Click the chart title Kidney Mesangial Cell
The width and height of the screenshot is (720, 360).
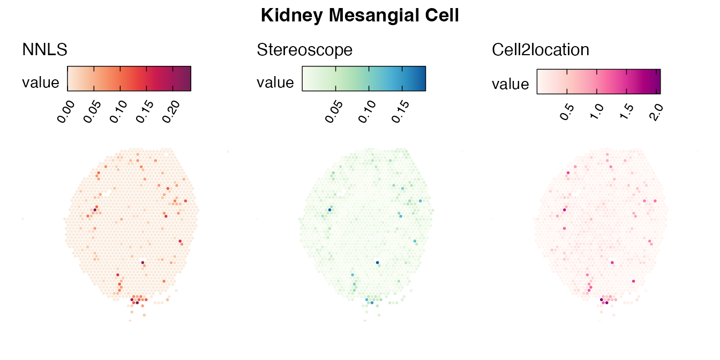(359, 16)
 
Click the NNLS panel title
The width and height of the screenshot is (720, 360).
(44, 50)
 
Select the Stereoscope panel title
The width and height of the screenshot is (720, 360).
(305, 50)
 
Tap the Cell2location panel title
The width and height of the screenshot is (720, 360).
(541, 50)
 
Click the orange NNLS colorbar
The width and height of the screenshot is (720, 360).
(129, 79)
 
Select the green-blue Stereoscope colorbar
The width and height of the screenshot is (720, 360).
(364, 79)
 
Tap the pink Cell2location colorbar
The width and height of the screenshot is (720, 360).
(598, 81)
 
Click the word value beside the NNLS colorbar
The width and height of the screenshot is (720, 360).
(40, 82)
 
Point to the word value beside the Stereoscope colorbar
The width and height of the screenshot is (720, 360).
(275, 82)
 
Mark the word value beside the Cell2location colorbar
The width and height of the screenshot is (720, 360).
(510, 85)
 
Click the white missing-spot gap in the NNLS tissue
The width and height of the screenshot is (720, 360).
(109, 191)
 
